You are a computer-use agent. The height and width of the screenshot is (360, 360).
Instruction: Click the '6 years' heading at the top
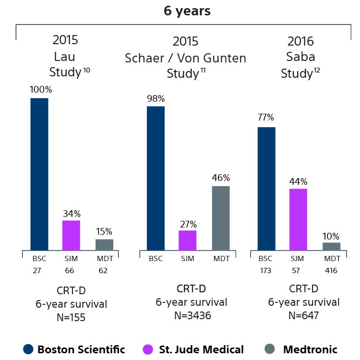pyautogui.click(x=187, y=11)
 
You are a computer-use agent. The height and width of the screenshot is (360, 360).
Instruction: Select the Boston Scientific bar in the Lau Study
pyautogui.click(x=39, y=174)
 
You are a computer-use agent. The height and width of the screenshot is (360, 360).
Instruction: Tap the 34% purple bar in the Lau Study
pyautogui.click(x=72, y=235)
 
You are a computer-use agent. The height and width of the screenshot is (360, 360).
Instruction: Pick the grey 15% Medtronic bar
pyautogui.click(x=104, y=244)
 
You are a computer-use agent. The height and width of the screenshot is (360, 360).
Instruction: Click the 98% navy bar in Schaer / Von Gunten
pyautogui.click(x=156, y=178)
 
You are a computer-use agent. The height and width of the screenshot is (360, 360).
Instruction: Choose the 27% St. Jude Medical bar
pyautogui.click(x=187, y=240)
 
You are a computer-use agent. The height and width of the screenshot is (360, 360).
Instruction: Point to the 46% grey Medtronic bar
pyautogui.click(x=221, y=218)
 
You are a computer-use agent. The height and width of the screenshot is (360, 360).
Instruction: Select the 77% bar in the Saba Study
pyautogui.click(x=266, y=189)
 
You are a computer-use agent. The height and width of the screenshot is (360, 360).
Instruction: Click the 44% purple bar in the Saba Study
pyautogui.click(x=298, y=219)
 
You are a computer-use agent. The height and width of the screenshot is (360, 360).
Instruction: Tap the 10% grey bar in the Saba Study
pyautogui.click(x=331, y=246)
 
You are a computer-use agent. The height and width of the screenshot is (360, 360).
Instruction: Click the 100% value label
pyautogui.click(x=41, y=90)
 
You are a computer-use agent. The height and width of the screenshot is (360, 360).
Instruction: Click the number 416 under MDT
pyautogui.click(x=331, y=271)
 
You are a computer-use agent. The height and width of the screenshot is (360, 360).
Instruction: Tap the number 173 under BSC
pyautogui.click(x=265, y=271)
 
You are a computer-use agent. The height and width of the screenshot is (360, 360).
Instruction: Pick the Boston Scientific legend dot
pyautogui.click(x=28, y=349)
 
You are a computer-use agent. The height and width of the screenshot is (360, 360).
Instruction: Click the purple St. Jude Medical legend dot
pyautogui.click(x=149, y=349)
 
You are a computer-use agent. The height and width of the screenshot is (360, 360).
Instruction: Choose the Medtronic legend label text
pyautogui.click(x=310, y=349)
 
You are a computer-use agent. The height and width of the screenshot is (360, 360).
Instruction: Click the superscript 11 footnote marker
pyautogui.click(x=203, y=71)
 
